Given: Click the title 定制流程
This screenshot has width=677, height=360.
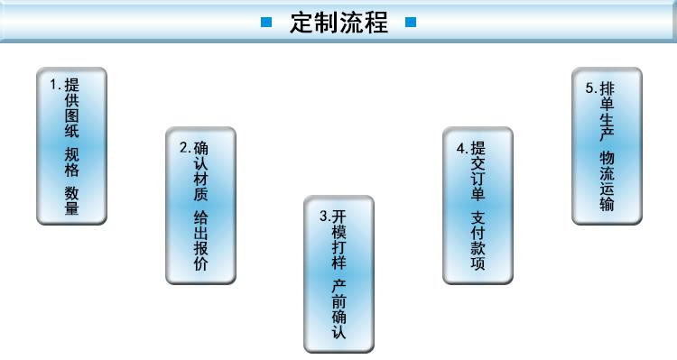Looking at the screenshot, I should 338,23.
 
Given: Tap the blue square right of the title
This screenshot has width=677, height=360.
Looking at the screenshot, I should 411,23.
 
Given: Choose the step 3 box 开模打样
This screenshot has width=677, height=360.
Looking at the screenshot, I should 338,273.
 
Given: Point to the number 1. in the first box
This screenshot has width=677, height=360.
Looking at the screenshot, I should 55,85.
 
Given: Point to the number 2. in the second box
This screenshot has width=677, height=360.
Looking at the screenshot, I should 184,146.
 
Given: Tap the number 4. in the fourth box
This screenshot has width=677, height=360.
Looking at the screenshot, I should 461,147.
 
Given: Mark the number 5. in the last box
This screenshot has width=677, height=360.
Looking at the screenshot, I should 590,88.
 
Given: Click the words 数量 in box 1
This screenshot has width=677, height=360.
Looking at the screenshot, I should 71,201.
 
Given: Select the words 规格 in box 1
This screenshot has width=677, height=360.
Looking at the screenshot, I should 71,162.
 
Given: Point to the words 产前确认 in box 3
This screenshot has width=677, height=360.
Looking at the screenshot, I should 338,308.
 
